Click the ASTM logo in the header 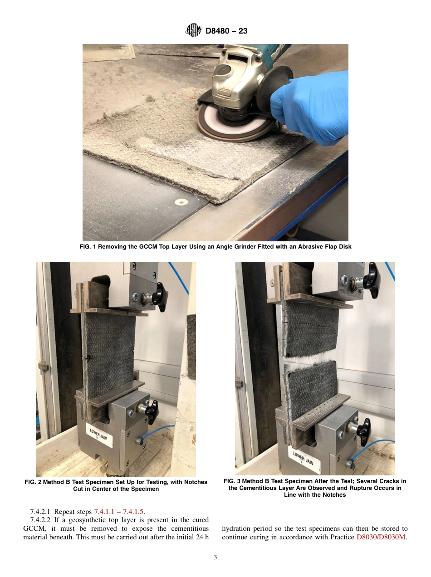[x=194, y=31]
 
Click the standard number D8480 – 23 [x=226, y=31]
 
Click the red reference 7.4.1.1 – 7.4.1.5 [x=119, y=512]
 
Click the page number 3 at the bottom [x=215, y=557]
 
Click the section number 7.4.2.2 [x=40, y=520]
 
